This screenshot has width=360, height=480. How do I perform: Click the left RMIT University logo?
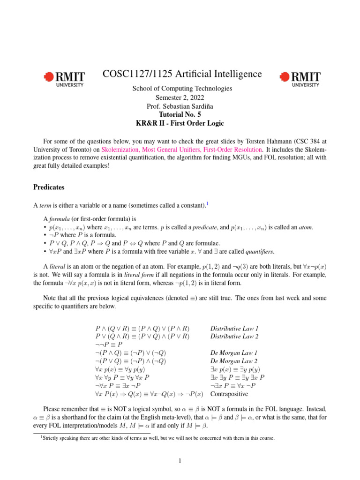click(x=64, y=79)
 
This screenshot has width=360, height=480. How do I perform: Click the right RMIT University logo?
click(x=300, y=79)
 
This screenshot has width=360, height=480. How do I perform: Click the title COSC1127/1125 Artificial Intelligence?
click(x=182, y=75)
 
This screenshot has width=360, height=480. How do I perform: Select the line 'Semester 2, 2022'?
click(x=182, y=97)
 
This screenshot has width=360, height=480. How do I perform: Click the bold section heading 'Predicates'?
click(x=49, y=187)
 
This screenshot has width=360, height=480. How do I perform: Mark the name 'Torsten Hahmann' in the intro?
click(x=240, y=140)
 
